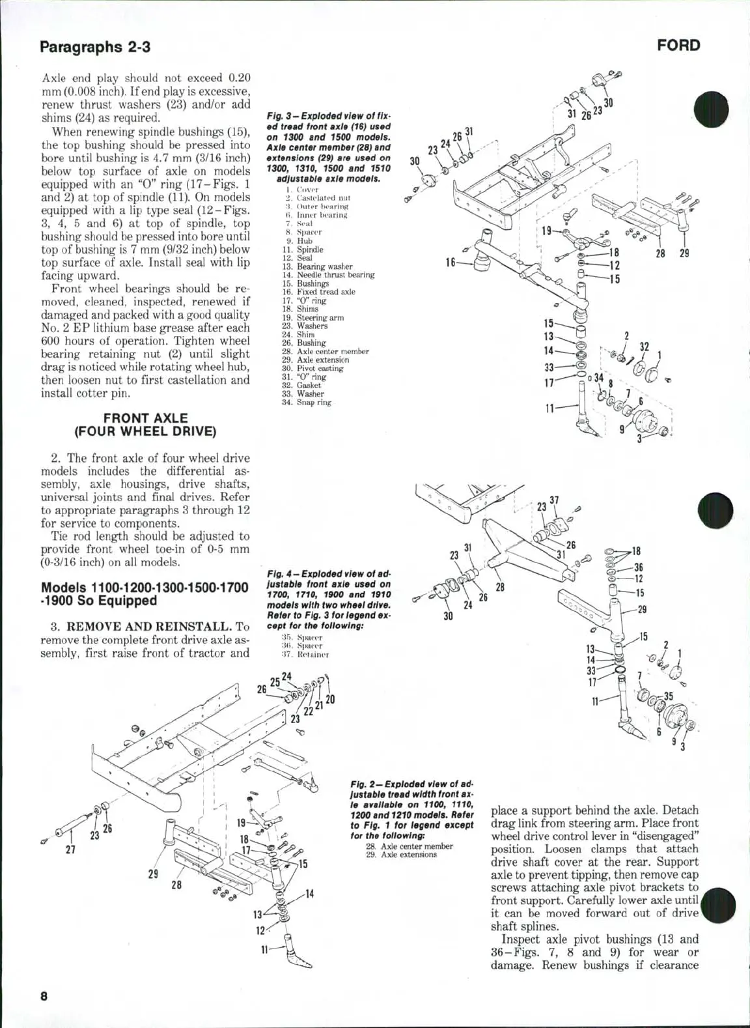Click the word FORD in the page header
[x=678, y=46]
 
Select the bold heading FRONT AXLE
[x=145, y=418]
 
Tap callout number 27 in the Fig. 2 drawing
[x=71, y=850]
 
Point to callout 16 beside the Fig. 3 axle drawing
[x=451, y=263]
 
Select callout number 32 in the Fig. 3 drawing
[x=644, y=347]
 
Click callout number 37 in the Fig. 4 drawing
[x=554, y=500]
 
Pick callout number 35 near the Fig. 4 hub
[x=668, y=696]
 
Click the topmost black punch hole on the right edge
[x=714, y=109]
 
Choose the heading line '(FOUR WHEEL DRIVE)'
[x=145, y=431]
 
